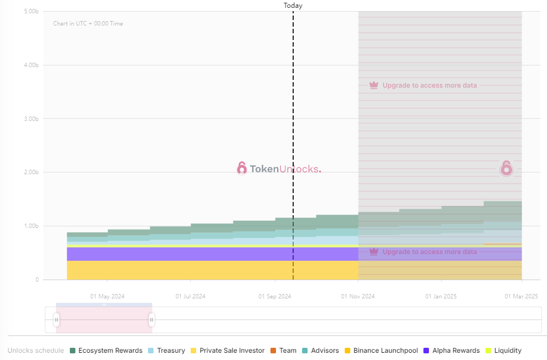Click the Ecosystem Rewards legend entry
coord(110,351)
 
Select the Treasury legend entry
coord(171,351)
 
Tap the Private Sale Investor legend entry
coord(232,351)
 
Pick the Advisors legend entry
coord(324,351)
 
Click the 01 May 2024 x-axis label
coord(107,296)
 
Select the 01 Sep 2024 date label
coord(275,296)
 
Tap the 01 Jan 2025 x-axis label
coord(441,296)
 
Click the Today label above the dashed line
coord(293,6)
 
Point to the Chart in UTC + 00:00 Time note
coord(88,24)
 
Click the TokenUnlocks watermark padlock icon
coord(242,168)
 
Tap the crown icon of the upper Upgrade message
coord(374,85)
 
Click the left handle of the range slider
coord(57,320)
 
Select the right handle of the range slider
coord(151,320)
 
